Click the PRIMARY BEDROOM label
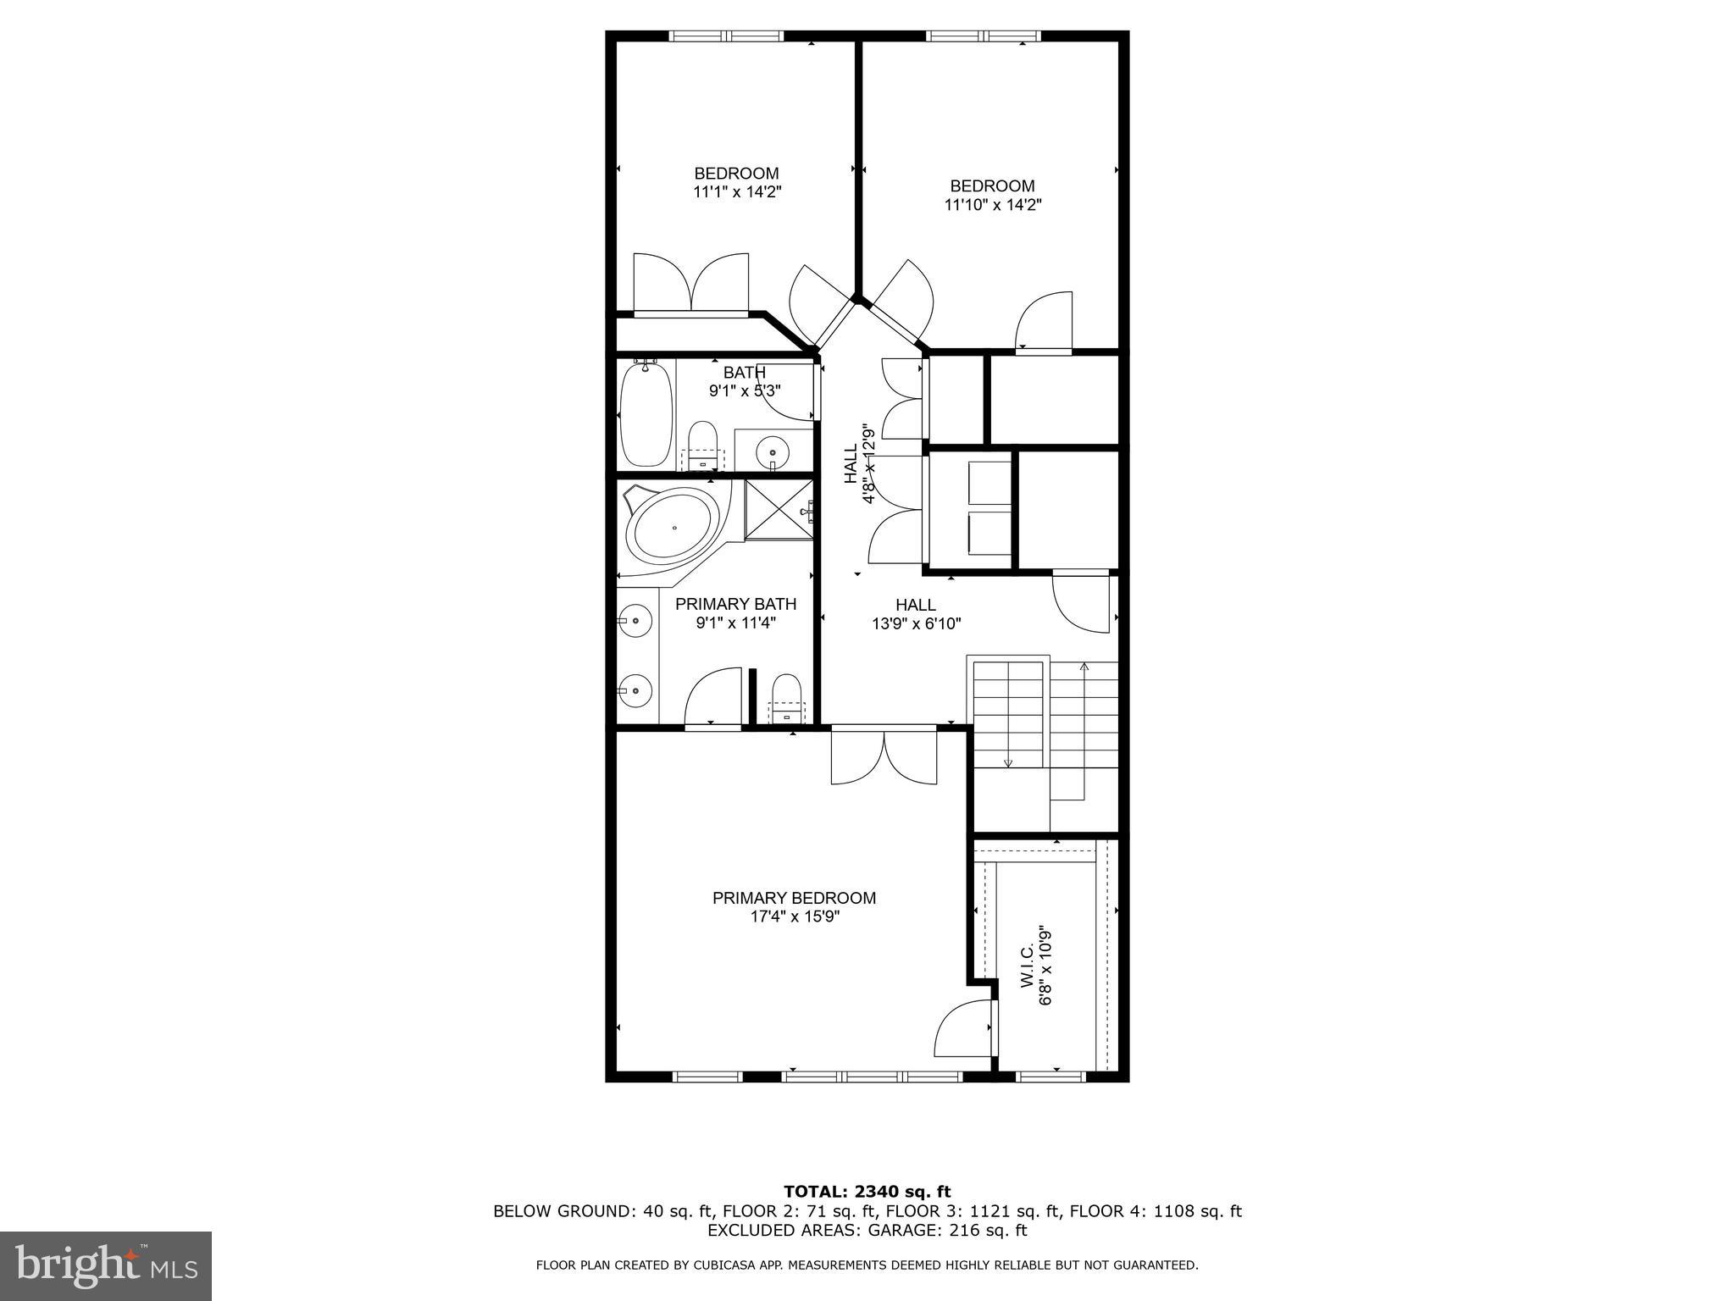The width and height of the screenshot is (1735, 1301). coord(794,898)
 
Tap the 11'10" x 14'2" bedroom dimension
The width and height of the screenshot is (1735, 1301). coord(992,205)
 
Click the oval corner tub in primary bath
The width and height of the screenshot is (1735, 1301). coord(673,528)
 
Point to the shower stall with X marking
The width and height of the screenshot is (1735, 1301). coord(778,509)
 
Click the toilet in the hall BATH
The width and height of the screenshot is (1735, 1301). coord(702,446)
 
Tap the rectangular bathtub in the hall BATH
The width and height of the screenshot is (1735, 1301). coord(646,413)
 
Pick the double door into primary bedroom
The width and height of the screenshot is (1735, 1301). coord(884,755)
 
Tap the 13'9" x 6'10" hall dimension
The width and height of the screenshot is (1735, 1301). coord(916,624)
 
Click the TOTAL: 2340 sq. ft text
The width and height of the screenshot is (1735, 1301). coord(867,1193)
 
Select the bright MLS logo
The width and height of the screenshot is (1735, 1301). coord(106,1266)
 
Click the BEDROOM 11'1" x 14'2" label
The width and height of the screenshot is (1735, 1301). coord(736,183)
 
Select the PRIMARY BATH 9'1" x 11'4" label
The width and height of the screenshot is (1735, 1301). coord(735,613)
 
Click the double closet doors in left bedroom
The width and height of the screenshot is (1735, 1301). coord(692,284)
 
